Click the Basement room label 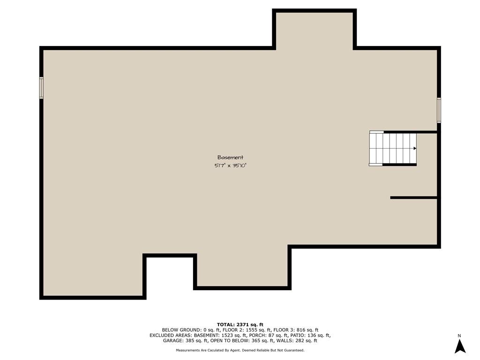[230, 157]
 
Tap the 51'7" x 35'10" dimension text [230, 165]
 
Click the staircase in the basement [393, 149]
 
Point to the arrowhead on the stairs [415, 149]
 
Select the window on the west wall [41, 88]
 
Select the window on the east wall [439, 110]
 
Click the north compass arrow [460, 346]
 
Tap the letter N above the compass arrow [459, 336]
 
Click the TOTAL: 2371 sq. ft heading [240, 324]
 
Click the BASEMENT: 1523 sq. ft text [220, 335]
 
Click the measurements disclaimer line [240, 350]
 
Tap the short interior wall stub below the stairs [413, 198]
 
